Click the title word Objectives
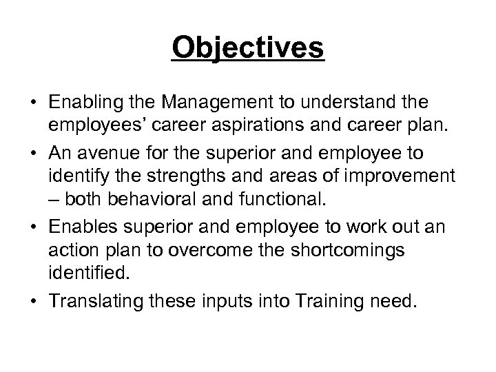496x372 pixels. (248, 48)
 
